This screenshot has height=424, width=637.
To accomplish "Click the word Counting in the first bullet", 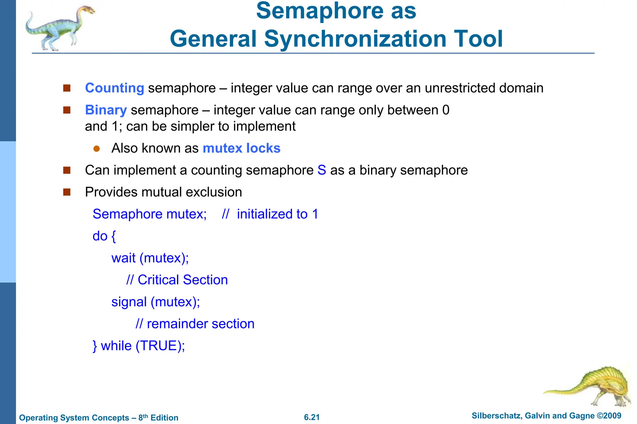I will point(114,88).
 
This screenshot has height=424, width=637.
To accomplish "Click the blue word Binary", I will point(106,110).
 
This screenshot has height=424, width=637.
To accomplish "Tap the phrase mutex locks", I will point(241,148).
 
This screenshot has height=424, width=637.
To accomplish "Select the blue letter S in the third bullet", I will point(322,170).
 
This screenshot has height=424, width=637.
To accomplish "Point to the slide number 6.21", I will point(312,417).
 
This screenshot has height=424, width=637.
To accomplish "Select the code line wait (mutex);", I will point(150,258).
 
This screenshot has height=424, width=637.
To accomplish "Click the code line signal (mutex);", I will point(156,302).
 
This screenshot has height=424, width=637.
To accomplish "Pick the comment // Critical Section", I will point(177,280).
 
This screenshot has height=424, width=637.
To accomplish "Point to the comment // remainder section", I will point(195,324).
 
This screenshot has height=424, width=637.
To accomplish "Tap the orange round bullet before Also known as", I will point(96,149).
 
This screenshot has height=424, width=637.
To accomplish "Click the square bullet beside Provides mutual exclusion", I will point(67,192).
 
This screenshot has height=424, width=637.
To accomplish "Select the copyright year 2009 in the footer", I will point(612,416).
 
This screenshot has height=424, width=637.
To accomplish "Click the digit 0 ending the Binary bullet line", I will point(446,110).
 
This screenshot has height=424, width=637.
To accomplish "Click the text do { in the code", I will point(104,236).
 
